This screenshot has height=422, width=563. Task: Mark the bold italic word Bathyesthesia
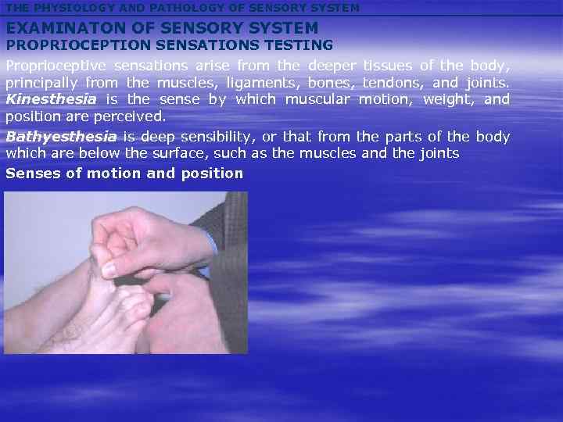click(61, 137)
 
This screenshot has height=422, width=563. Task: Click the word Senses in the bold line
click(32, 173)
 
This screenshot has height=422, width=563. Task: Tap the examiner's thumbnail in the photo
click(110, 270)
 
